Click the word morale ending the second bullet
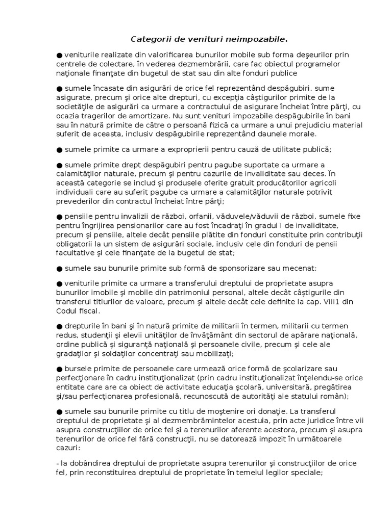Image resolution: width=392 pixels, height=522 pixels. [x=302, y=134]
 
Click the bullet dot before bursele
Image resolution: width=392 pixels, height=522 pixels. [x=60, y=369]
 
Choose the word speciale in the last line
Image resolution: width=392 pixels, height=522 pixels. [x=306, y=472]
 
